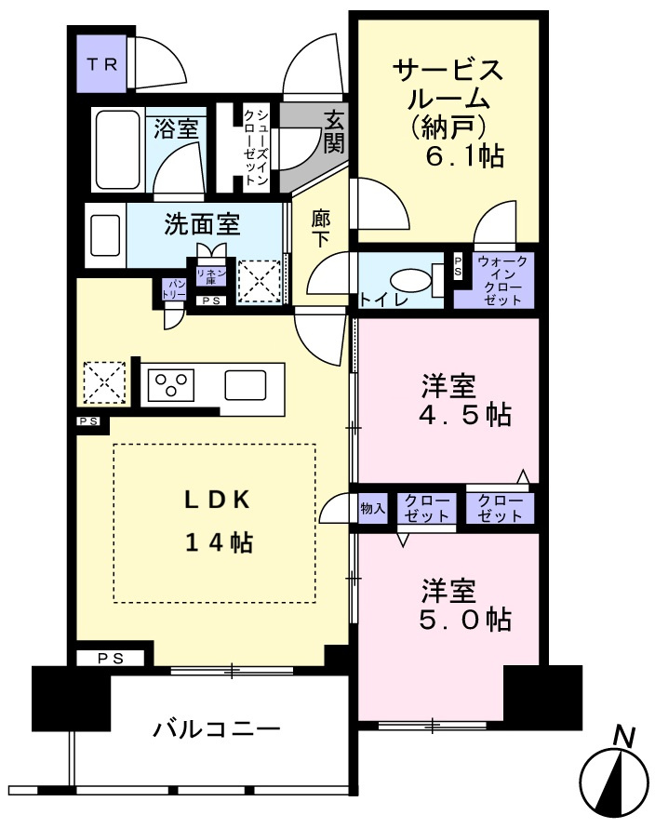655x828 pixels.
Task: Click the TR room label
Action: [102, 64]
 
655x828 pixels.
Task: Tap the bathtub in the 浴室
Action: [118, 150]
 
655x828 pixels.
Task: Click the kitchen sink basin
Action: [245, 385]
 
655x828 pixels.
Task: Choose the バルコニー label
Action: [217, 729]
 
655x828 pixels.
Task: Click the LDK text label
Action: [217, 501]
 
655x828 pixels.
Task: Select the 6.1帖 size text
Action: [465, 155]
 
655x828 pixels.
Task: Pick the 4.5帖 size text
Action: [465, 415]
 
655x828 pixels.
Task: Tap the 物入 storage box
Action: [373, 509]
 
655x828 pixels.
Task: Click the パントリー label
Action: [174, 290]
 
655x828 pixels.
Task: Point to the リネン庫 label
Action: [211, 276]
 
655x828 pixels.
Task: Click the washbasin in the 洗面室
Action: [106, 235]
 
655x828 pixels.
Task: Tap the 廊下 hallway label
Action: [321, 228]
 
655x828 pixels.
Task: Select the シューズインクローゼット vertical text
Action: [256, 147]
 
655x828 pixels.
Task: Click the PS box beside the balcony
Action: [111, 659]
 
